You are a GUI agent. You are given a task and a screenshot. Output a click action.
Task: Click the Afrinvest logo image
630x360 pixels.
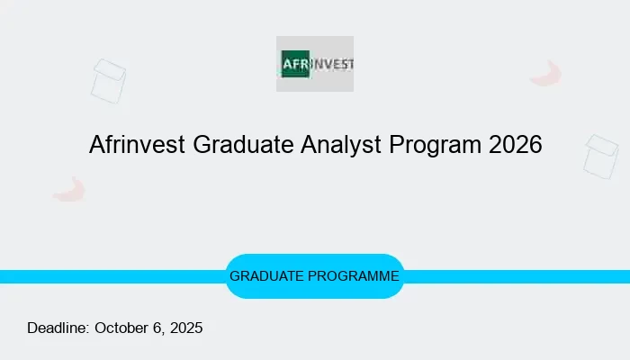[314, 64]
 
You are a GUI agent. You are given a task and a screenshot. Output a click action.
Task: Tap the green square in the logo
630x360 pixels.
[294, 64]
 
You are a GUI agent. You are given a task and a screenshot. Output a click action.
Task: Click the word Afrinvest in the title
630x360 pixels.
[138, 145]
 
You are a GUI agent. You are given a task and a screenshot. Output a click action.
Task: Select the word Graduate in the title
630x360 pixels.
[233, 145]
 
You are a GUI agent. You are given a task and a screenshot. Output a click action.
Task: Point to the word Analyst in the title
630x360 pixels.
[334, 145]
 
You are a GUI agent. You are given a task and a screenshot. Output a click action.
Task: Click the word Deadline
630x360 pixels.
[58, 328]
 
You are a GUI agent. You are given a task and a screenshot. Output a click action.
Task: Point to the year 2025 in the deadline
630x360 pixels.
[185, 328]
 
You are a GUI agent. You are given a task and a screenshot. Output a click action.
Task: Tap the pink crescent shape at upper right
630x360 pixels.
[545, 74]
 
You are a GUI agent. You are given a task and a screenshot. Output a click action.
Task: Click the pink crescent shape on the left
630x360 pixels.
[69, 189]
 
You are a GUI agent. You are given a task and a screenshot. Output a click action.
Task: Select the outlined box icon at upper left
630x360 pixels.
[109, 80]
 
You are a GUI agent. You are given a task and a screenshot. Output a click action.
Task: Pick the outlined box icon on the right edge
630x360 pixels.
[600, 156]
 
